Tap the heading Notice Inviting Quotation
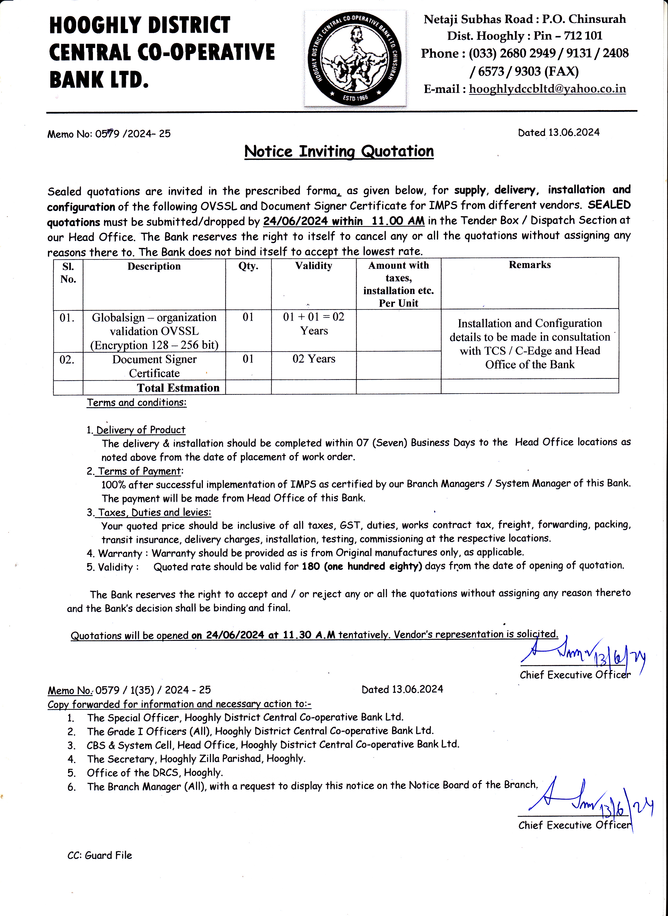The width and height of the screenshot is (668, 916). tap(339, 151)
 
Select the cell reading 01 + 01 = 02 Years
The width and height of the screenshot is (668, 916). tap(314, 324)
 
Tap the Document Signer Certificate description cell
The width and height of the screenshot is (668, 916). tap(154, 366)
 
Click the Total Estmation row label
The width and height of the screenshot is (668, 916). tap(178, 388)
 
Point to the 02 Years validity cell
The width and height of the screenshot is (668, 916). tap(314, 359)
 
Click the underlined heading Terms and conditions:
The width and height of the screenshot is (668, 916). tap(137, 403)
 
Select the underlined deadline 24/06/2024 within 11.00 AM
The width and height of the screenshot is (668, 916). tap(344, 221)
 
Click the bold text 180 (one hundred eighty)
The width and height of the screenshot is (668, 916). tap(362, 566)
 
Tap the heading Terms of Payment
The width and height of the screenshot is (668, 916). tap(140, 471)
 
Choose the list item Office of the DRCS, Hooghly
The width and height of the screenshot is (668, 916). tap(155, 773)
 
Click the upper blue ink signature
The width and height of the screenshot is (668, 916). tap(582, 652)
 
